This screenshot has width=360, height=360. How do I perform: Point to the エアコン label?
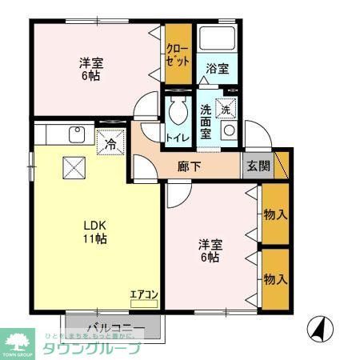[144, 294]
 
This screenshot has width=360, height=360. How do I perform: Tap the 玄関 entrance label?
[258, 166]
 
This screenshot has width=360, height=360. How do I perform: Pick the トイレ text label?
[177, 138]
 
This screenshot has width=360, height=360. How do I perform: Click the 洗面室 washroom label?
[206, 121]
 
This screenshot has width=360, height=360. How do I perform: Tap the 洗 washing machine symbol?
[227, 108]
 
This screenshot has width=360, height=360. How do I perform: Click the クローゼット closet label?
[177, 54]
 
